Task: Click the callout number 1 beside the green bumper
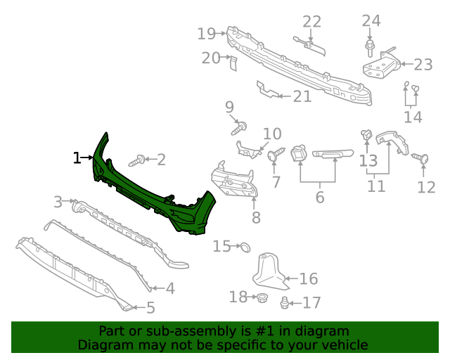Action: click(x=77, y=158)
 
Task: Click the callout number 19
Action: click(x=206, y=33)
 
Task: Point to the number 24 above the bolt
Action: click(x=371, y=21)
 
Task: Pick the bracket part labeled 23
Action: click(x=382, y=67)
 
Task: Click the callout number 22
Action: click(x=311, y=22)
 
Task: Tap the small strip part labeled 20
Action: click(x=233, y=64)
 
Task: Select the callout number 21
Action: click(x=302, y=96)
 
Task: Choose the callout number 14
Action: click(x=413, y=117)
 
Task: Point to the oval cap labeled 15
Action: click(x=245, y=247)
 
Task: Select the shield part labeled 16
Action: click(x=271, y=271)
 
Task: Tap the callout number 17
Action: click(x=311, y=302)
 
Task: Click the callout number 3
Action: click(x=58, y=202)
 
